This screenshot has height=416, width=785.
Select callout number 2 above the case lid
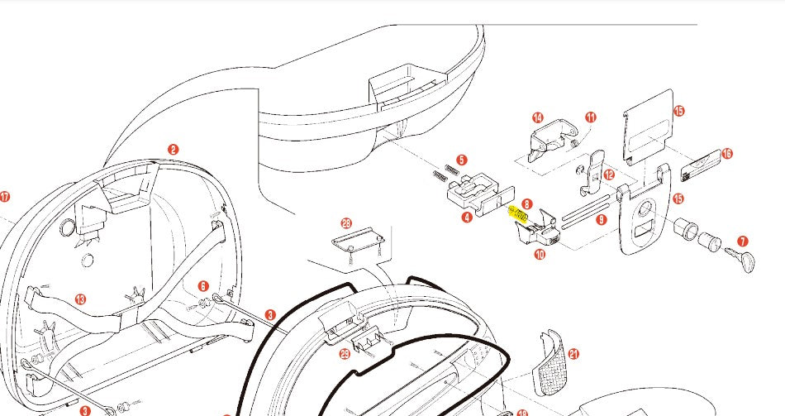173,150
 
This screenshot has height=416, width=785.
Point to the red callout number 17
5,197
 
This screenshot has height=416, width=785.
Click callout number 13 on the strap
80,299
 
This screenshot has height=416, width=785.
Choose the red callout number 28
346,223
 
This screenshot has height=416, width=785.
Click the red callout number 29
345,353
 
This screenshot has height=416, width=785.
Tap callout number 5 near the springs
462,160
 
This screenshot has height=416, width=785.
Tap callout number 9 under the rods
601,220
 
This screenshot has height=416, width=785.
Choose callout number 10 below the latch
539,256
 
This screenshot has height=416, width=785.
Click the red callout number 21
573,354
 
